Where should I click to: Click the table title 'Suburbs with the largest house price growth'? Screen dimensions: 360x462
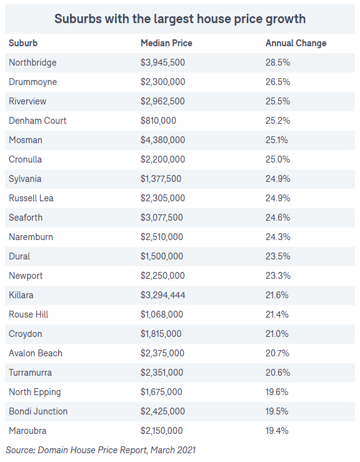point(180,19)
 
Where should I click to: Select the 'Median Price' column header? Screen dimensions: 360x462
point(166,43)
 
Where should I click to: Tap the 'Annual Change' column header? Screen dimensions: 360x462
point(296,43)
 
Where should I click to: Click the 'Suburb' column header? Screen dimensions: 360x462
point(23,43)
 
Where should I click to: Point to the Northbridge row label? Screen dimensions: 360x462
point(32,63)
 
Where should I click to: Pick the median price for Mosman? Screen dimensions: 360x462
point(162,140)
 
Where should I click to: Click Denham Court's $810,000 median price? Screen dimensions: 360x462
point(158,121)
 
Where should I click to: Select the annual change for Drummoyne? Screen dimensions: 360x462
point(277,82)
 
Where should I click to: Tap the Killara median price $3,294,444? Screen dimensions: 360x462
point(162,295)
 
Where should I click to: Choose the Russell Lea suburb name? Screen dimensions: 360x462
point(31,198)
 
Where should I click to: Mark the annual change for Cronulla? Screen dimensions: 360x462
point(277,159)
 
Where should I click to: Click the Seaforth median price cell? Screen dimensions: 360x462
point(161,218)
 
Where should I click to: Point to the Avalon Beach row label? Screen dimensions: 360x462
point(36,353)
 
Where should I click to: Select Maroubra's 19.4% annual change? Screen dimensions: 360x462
point(277,431)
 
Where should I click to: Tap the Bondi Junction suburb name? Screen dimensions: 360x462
point(38,411)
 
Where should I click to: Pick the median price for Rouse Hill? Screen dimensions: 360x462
point(162,314)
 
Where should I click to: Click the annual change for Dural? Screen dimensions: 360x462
point(277,256)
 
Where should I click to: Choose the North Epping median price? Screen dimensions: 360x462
point(161,392)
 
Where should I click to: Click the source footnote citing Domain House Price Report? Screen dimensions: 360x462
point(101,450)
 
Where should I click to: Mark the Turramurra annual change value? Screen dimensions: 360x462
point(277,373)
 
